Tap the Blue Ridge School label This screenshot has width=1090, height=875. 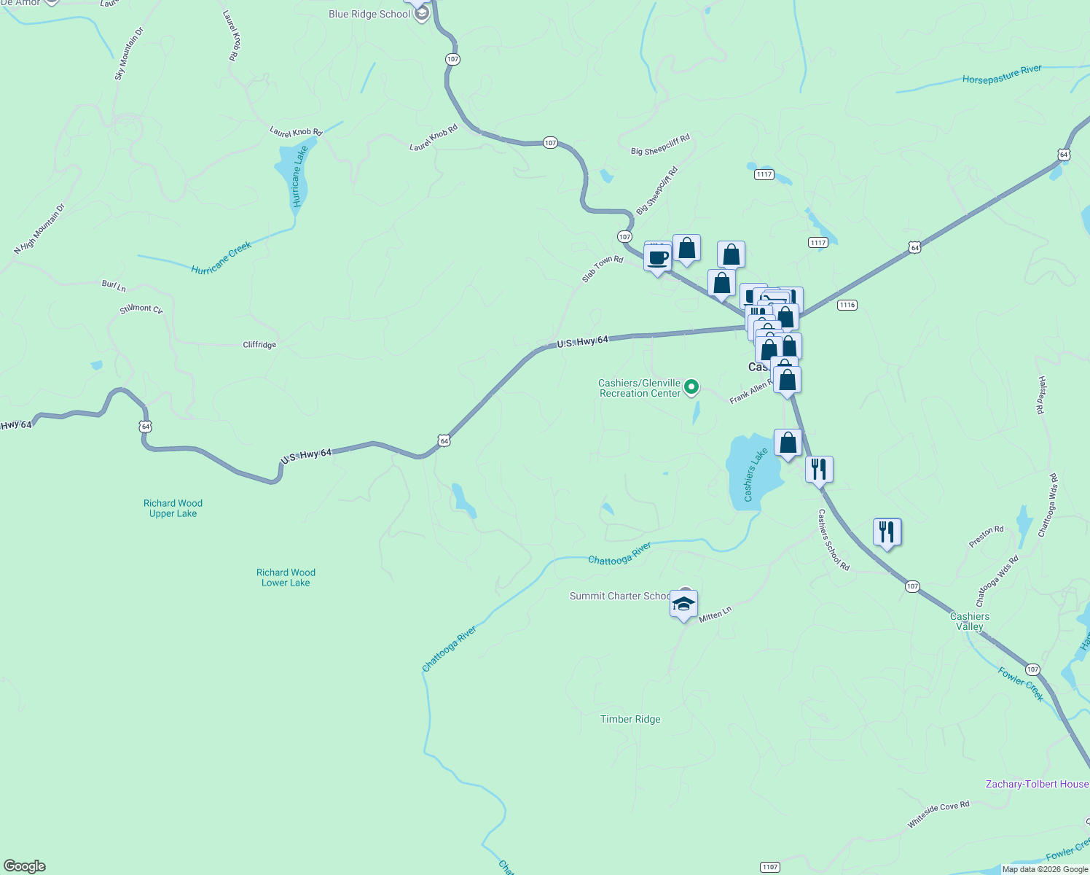pyautogui.click(x=369, y=14)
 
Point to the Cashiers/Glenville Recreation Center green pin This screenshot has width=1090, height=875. pyautogui.click(x=691, y=387)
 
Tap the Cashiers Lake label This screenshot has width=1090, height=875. pyautogui.click(x=755, y=475)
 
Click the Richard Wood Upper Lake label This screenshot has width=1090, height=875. pyautogui.click(x=173, y=508)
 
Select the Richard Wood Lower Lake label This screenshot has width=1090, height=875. pyautogui.click(x=286, y=577)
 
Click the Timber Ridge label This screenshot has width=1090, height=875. pyautogui.click(x=630, y=719)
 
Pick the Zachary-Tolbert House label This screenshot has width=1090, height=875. pyautogui.click(x=1036, y=784)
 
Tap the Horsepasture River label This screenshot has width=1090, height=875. pyautogui.click(x=1001, y=74)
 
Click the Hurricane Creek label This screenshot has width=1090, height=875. pyautogui.click(x=221, y=258)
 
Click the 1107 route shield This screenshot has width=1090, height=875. pyautogui.click(x=769, y=867)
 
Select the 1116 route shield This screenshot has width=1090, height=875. pyautogui.click(x=847, y=305)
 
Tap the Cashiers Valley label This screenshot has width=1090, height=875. pyautogui.click(x=970, y=621)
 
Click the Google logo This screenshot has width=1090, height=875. pyautogui.click(x=25, y=866)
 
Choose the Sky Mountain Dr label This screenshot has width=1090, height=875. pyautogui.click(x=129, y=54)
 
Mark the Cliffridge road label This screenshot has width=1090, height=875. pyautogui.click(x=259, y=345)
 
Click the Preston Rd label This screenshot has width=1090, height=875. pyautogui.click(x=986, y=537)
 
